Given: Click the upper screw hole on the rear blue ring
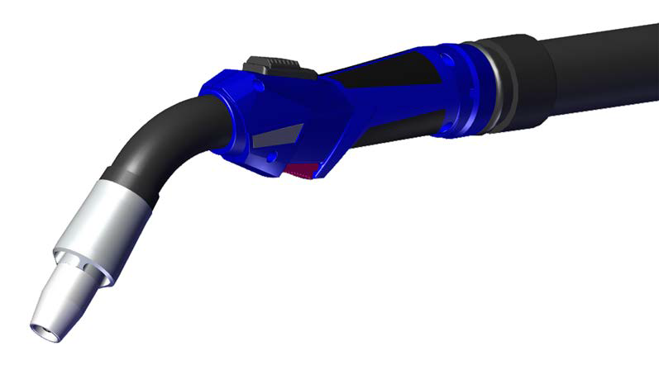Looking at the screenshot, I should (x=447, y=59).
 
